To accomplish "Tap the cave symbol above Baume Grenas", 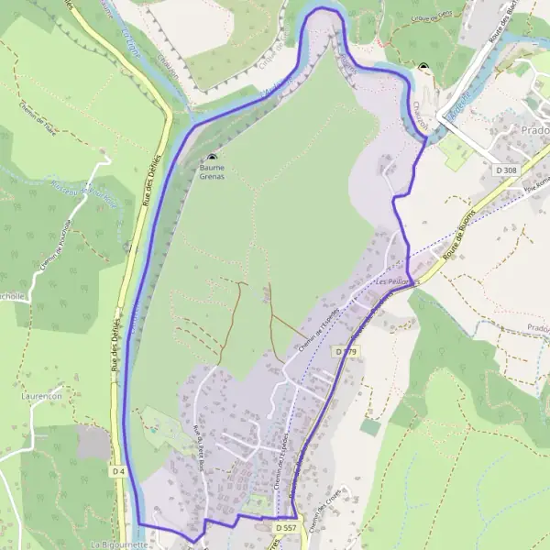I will pos(212,158).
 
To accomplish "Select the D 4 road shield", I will pos(117,471).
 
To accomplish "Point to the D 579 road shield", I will pos(345,351).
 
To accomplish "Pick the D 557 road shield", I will pos(285,528).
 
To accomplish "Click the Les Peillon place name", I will pos(393,282).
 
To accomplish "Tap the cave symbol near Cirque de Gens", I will pos(423,67).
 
